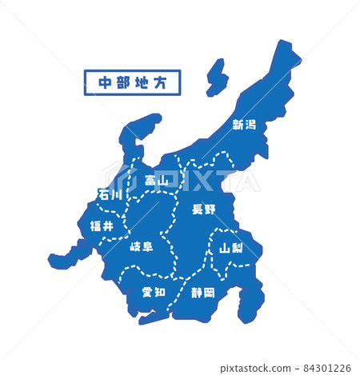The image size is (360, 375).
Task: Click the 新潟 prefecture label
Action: tap(244, 124)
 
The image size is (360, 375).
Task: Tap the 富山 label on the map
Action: tap(157, 181)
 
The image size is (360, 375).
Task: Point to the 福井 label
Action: tap(102, 226)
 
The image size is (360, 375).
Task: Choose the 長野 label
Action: tap(203, 209)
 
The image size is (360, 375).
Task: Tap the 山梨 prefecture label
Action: tap(231, 248)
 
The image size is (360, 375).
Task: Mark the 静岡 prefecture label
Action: tap(203, 293)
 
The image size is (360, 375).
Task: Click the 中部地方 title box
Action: tap(132, 82)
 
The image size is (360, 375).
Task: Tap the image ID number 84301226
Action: tap(326, 368)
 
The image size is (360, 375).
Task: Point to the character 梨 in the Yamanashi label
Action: tap(238, 248)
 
